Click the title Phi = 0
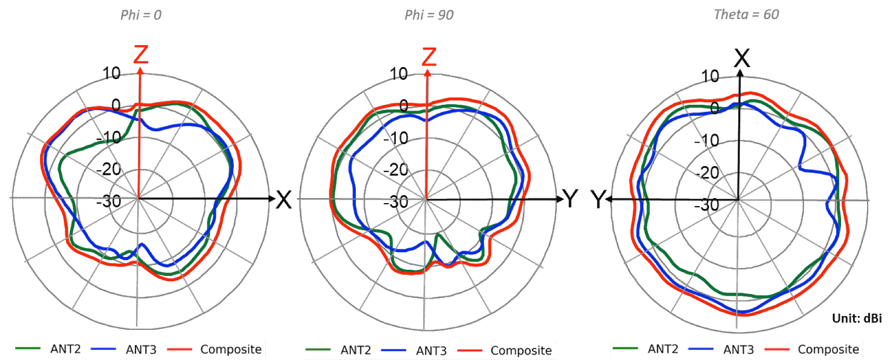point(141,15)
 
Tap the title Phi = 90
point(429,15)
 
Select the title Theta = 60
point(746,14)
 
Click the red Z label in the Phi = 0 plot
point(141,54)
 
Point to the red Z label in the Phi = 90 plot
point(429,57)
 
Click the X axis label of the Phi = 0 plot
point(284,200)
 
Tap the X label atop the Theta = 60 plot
point(742,58)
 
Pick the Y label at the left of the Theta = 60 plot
point(598,200)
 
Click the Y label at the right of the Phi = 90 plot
point(570,199)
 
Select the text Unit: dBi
point(857,318)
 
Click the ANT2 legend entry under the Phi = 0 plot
point(48,349)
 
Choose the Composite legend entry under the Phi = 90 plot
point(505,350)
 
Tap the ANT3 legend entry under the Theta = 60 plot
point(721,349)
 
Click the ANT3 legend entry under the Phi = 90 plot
point(414,350)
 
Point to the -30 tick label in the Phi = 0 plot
point(109,201)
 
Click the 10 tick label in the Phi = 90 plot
point(399,74)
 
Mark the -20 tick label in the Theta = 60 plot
point(707,173)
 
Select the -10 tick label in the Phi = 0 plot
point(109,138)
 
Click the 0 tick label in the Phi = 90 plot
point(404,106)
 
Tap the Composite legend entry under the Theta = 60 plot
point(812,349)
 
